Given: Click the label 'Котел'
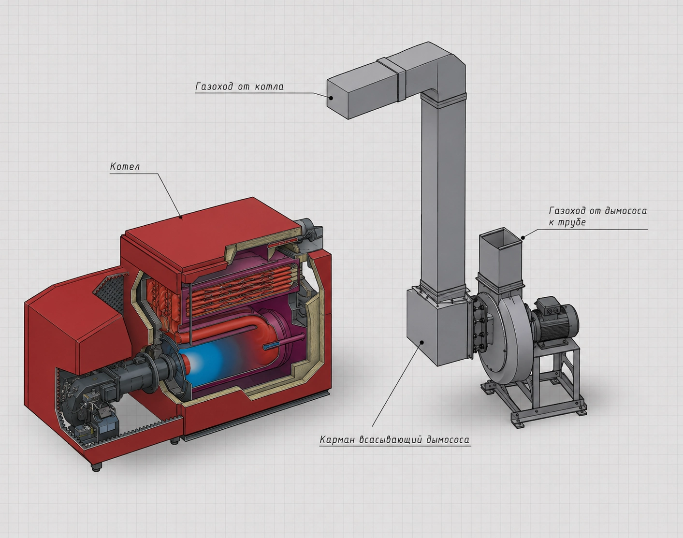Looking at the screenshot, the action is pos(125,166).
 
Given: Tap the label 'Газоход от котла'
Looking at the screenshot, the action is pos(239,87).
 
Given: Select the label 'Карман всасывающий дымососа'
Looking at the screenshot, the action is pos(394,440).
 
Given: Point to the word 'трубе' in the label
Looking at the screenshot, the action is pos(572,223).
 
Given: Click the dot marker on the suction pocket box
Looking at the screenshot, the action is pos(422,342).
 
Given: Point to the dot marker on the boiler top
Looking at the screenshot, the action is pos(181,217).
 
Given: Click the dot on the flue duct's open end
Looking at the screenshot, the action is pos(331,98).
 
